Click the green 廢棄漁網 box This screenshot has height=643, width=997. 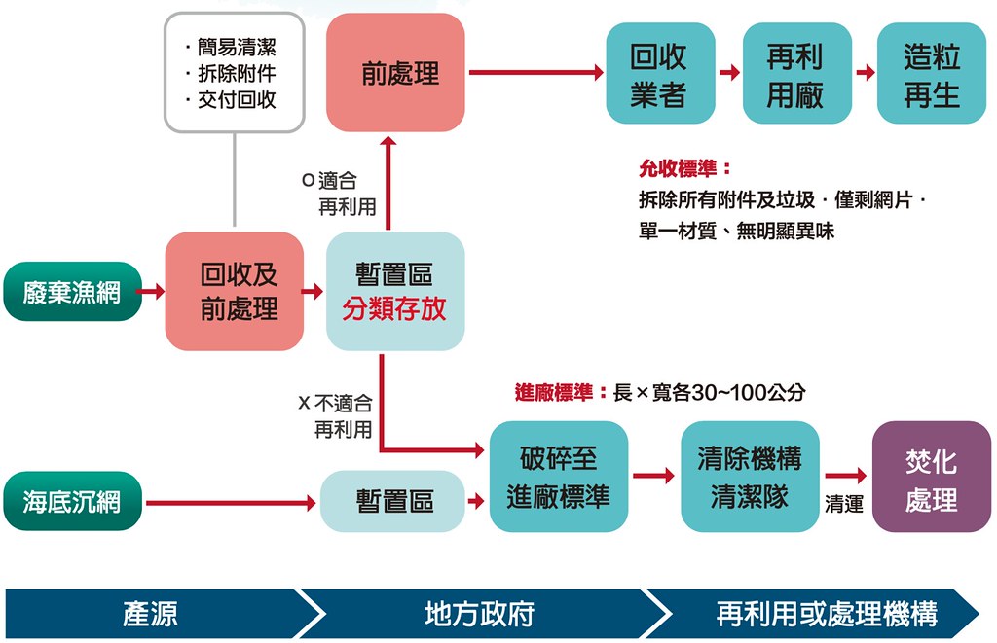[x=72, y=292]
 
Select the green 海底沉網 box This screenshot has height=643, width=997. [x=72, y=501]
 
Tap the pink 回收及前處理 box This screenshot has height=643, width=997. [x=235, y=291]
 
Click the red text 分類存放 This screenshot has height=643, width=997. [x=394, y=308]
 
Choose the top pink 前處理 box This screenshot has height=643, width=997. [x=395, y=72]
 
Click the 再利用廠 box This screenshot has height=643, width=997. [x=797, y=73]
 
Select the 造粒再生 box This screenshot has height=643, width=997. [x=932, y=73]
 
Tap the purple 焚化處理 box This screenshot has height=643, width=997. [x=932, y=477]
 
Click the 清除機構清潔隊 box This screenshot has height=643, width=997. [x=750, y=477]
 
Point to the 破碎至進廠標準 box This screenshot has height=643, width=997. [x=559, y=477]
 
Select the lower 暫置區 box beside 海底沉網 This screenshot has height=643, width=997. [x=393, y=501]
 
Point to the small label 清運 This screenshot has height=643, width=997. [x=844, y=504]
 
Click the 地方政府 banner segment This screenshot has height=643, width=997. [x=479, y=614]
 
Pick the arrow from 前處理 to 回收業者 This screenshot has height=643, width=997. [x=536, y=72]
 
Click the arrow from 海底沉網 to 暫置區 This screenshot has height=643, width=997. [x=231, y=503]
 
